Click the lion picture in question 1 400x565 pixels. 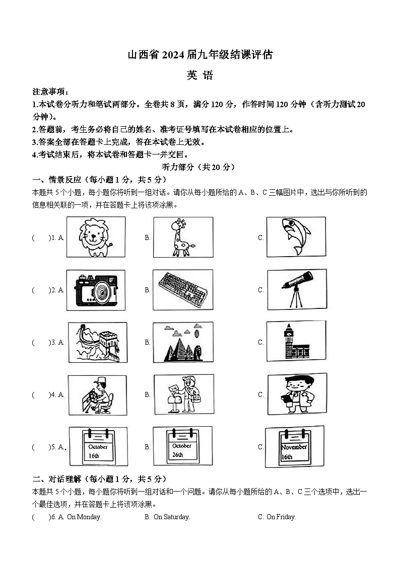[x=96, y=237]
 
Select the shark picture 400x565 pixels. [x=296, y=237]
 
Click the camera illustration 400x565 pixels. [x=96, y=290]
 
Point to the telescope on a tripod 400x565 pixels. [x=296, y=289]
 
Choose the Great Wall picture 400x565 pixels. [x=96, y=342]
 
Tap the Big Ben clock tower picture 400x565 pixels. [x=296, y=342]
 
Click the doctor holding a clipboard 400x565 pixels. [x=296, y=394]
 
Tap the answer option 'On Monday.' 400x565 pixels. [x=84, y=517]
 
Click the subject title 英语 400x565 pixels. [x=200, y=75]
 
